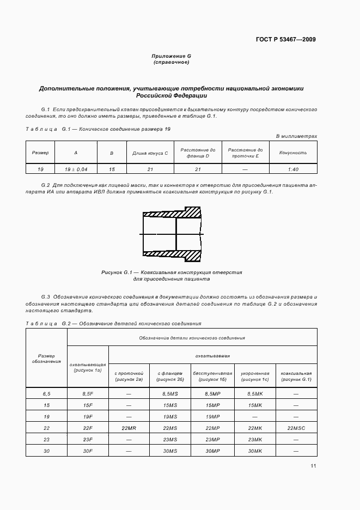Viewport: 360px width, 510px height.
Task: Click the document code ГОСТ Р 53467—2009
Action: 285,39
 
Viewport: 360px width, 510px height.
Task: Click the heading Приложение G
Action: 171,56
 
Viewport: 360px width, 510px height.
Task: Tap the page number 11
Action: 313,466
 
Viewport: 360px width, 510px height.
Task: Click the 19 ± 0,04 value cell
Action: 76,169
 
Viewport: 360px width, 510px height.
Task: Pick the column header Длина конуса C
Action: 150,153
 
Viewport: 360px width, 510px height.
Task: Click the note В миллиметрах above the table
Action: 296,136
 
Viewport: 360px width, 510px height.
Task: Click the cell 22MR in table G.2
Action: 129,428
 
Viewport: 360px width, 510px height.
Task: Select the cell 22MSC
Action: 296,428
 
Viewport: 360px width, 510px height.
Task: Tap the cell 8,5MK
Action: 254,393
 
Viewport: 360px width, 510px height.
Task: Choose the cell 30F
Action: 88,451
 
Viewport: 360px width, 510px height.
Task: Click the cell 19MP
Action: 212,416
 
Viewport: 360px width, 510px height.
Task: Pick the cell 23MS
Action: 170,440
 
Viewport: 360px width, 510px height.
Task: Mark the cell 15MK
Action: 254,405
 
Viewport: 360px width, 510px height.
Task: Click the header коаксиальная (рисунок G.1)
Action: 296,376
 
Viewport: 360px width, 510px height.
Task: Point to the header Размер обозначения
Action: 46,359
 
